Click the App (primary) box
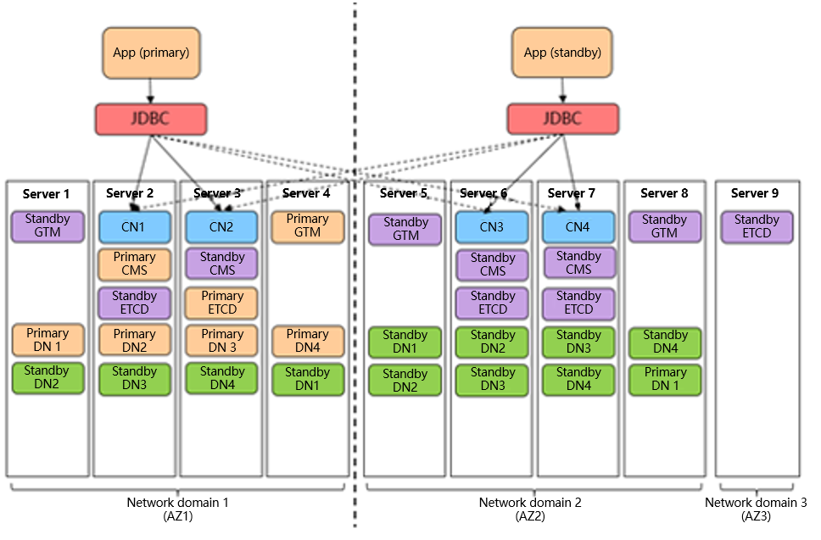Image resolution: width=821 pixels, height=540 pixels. (x=151, y=53)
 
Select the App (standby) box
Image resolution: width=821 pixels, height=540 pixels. (x=562, y=53)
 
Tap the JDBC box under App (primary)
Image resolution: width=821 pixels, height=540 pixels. (x=151, y=119)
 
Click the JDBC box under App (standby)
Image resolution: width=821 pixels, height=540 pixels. (x=562, y=119)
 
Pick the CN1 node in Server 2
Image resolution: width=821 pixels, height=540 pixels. (x=135, y=227)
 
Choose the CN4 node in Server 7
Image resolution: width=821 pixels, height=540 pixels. (x=578, y=227)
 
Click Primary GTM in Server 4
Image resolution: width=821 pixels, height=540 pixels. (x=308, y=226)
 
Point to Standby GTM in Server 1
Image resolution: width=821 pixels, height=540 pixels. (x=47, y=226)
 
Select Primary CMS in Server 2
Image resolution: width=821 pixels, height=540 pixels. (x=135, y=264)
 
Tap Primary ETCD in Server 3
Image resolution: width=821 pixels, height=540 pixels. (x=222, y=303)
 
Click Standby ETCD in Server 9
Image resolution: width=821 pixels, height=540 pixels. (x=757, y=227)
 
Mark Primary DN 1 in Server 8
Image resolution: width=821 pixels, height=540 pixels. (x=665, y=379)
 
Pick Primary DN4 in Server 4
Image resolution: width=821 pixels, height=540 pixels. (x=308, y=342)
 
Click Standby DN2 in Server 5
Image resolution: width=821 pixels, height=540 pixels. (x=405, y=381)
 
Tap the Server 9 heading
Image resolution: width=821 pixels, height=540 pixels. (x=755, y=193)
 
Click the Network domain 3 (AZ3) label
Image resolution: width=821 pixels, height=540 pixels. (x=756, y=509)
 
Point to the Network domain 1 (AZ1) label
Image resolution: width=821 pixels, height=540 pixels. (x=178, y=509)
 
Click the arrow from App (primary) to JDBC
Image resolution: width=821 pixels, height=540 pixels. (x=150, y=91)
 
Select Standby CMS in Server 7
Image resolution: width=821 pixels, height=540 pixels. (x=579, y=263)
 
